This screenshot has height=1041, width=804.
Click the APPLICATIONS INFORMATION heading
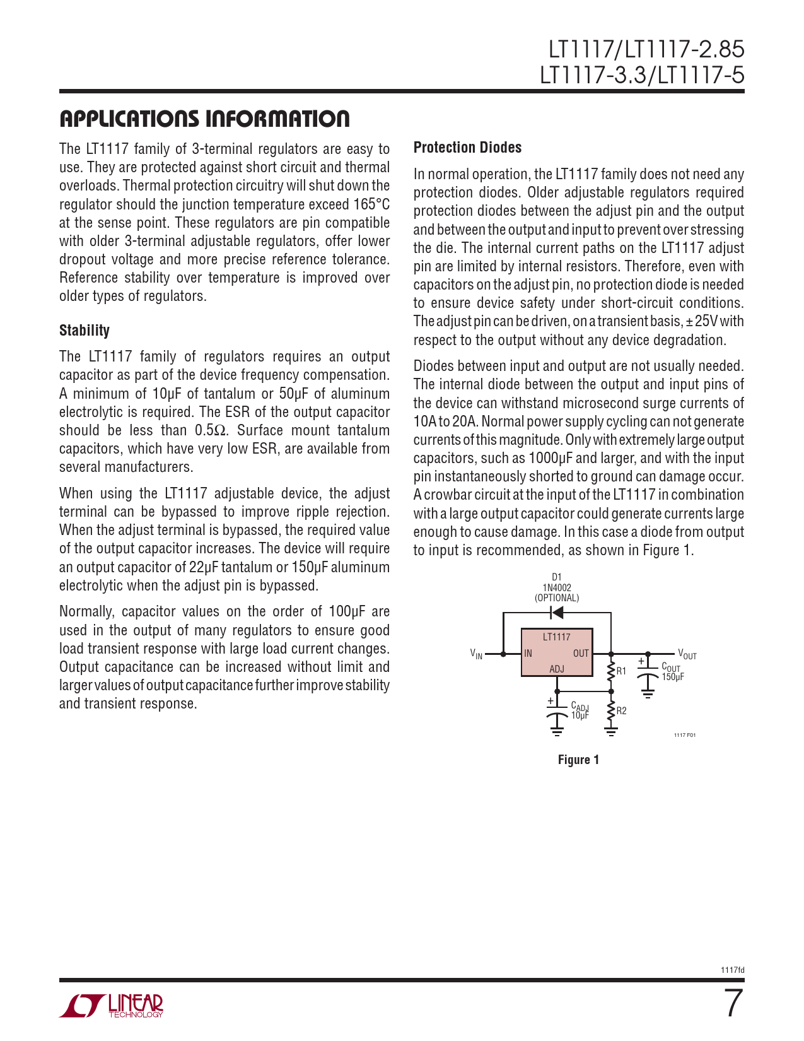pyautogui.click(x=204, y=119)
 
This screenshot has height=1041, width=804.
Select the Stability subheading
pyautogui.click(x=84, y=331)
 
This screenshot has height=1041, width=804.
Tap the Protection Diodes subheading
pyautogui.click(x=467, y=148)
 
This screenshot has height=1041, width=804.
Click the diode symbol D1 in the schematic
pyautogui.click(x=557, y=613)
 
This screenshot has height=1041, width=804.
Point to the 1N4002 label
pyautogui.click(x=557, y=587)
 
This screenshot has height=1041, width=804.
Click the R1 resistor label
pyautogui.click(x=622, y=671)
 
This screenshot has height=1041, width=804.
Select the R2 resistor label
pyautogui.click(x=622, y=711)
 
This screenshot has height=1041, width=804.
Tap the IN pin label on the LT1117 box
pyautogui.click(x=528, y=654)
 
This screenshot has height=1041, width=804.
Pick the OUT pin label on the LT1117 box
pyautogui.click(x=581, y=654)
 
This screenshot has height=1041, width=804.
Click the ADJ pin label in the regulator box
pyautogui.click(x=557, y=669)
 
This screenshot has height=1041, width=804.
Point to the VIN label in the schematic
pyautogui.click(x=477, y=654)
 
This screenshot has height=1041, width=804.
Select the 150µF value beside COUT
pyautogui.click(x=673, y=677)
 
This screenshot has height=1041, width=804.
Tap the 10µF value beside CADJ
pyautogui.click(x=580, y=715)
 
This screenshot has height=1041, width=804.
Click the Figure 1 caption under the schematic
pyautogui.click(x=578, y=760)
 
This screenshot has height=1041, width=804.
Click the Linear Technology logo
pyautogui.click(x=112, y=1006)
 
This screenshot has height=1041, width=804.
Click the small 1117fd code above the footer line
pyautogui.click(x=732, y=970)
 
